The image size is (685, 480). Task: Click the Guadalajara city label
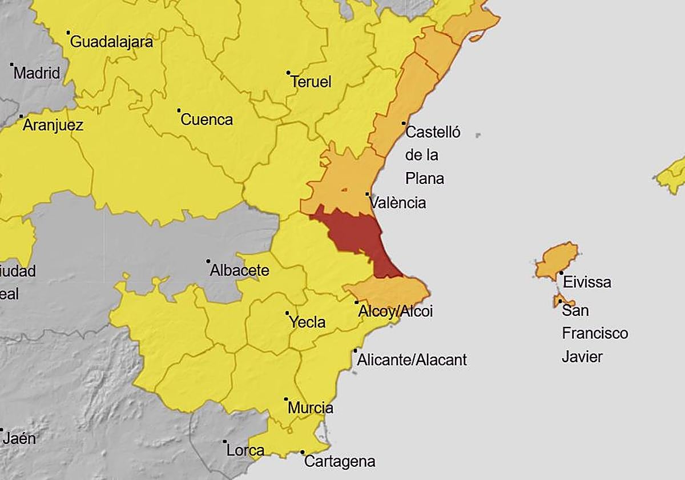tap(111, 42)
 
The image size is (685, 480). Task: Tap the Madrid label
tap(37, 73)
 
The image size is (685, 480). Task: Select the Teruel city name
tap(311, 82)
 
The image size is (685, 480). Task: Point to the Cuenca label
tap(207, 119)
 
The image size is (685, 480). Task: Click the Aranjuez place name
tap(53, 125)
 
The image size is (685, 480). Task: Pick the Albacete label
tap(239, 270)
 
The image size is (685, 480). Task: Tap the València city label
tap(397, 202)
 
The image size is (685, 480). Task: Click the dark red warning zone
tap(357, 234)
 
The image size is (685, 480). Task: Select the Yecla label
tap(307, 322)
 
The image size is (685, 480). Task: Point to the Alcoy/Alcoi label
tap(395, 311)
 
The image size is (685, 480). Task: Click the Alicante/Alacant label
tap(412, 359)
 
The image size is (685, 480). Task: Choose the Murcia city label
tap(311, 408)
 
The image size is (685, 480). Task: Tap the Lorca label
tap(245, 450)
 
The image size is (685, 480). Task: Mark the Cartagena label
tap(339, 461)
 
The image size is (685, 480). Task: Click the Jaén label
tap(19, 438)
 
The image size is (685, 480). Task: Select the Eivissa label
tap(586, 282)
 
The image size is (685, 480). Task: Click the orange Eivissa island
tap(557, 260)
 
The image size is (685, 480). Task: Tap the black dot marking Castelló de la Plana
tap(404, 123)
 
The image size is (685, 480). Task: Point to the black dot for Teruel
tap(288, 73)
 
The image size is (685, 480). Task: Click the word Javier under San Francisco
tap(582, 357)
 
